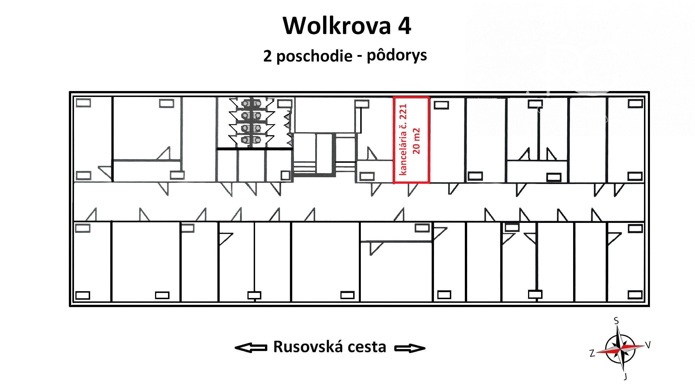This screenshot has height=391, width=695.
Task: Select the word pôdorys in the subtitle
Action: [x=397, y=56]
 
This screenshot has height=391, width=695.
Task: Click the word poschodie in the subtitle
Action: [x=314, y=56]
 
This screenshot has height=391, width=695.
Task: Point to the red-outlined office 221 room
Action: [x=411, y=140]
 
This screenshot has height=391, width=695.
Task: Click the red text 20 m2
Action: [x=416, y=141]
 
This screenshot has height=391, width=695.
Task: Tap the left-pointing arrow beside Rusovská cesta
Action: [x=251, y=348]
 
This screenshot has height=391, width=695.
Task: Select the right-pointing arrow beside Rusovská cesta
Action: [x=410, y=348]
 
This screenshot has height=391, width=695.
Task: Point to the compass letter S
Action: [x=616, y=321]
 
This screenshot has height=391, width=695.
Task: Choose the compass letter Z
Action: [x=592, y=353]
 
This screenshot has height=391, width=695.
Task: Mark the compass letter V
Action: [x=648, y=345]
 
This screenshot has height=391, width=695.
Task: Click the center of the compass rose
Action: [x=620, y=348]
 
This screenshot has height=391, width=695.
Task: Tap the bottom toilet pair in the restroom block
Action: [x=251, y=140]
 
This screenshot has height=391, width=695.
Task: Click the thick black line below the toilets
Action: [x=255, y=149]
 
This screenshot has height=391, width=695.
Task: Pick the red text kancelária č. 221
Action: [x=403, y=140]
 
